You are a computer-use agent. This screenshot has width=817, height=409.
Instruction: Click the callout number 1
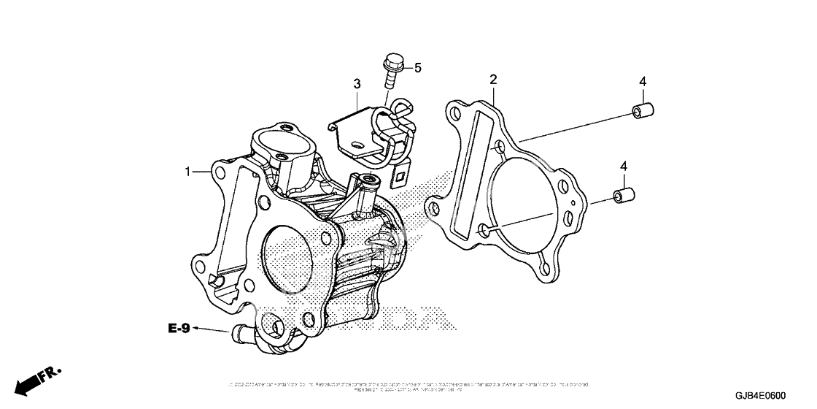click(x=187, y=172)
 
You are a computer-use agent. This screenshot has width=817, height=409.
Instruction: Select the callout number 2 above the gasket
click(x=493, y=79)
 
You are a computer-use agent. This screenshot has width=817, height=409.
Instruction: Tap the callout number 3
click(x=357, y=85)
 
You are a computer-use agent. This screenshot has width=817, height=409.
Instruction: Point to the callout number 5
click(x=418, y=68)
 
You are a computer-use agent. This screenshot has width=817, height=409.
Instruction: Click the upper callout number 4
click(x=643, y=81)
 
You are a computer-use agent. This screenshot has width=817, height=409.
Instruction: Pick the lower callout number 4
click(x=624, y=167)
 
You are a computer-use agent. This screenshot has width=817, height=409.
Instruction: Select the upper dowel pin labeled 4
click(x=642, y=112)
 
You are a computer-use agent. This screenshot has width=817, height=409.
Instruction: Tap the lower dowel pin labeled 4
click(x=622, y=196)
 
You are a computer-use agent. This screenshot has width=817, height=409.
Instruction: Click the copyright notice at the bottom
click(x=408, y=386)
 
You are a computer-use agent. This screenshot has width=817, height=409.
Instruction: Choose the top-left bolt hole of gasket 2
click(x=456, y=114)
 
